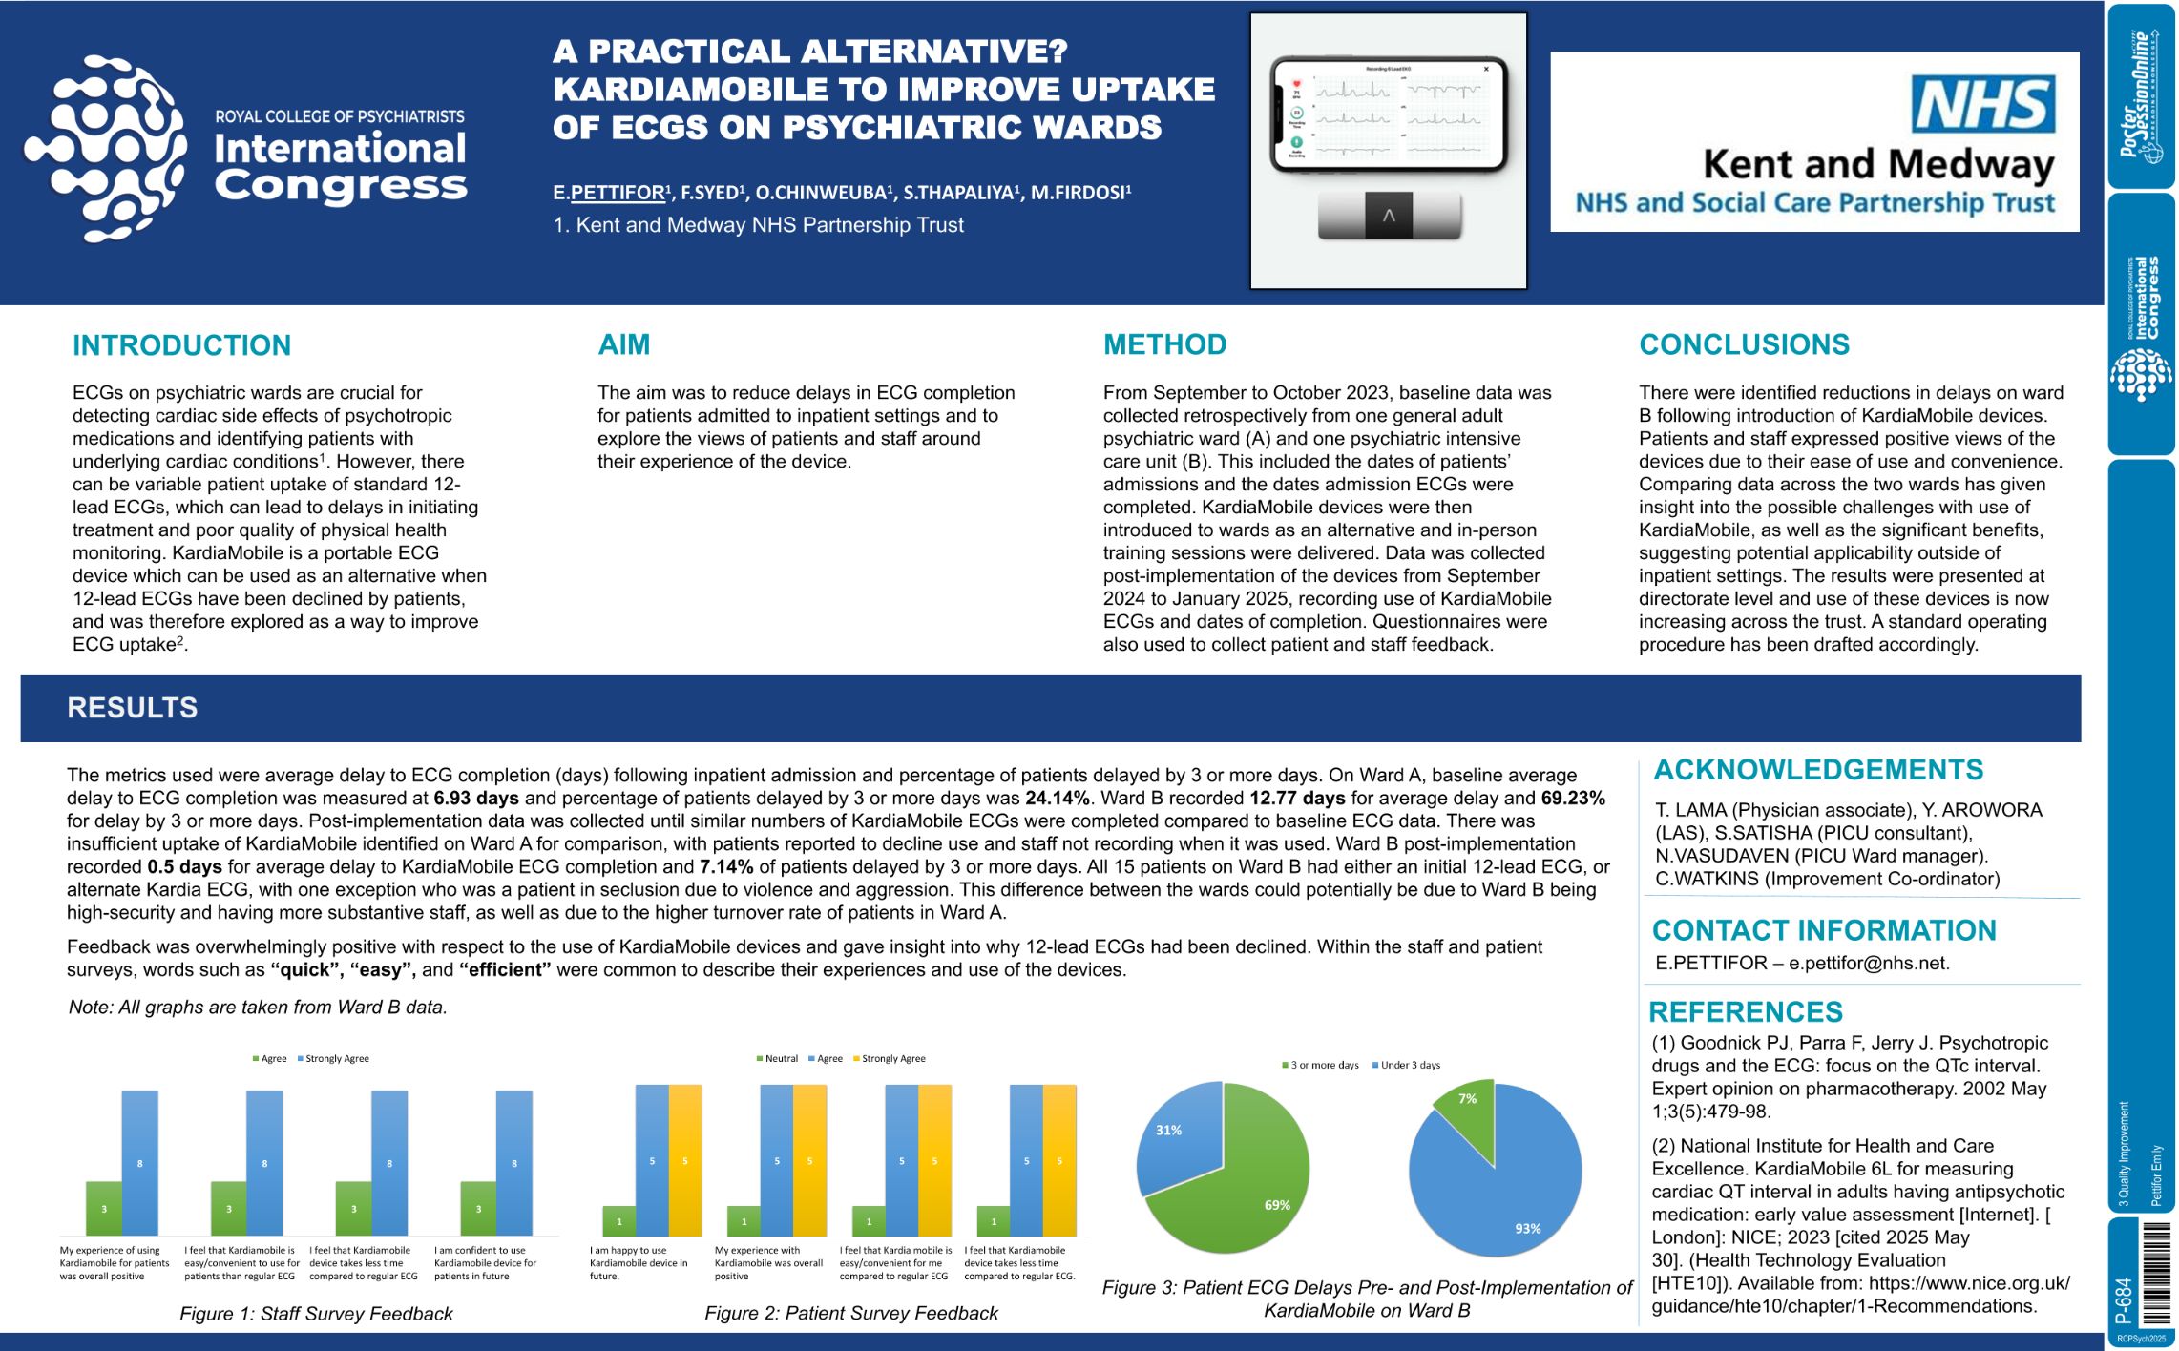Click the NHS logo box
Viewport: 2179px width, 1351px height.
click(1982, 105)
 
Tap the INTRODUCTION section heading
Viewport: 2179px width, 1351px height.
click(181, 345)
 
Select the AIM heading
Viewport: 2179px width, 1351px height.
click(623, 344)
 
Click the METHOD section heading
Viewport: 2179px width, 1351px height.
click(1164, 344)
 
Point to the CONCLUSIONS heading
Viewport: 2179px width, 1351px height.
click(1744, 344)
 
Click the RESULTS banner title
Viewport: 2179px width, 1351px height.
click(133, 708)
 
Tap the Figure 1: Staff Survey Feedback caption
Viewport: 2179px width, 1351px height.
click(316, 1314)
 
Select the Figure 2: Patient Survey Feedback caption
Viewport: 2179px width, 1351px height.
click(850, 1314)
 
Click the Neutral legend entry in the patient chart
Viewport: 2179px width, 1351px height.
click(778, 1059)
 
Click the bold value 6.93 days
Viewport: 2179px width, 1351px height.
click(476, 799)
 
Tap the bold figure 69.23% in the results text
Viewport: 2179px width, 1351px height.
click(1573, 799)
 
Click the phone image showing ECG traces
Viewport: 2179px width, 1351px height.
click(1388, 114)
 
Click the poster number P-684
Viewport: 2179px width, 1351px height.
click(2125, 1299)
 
